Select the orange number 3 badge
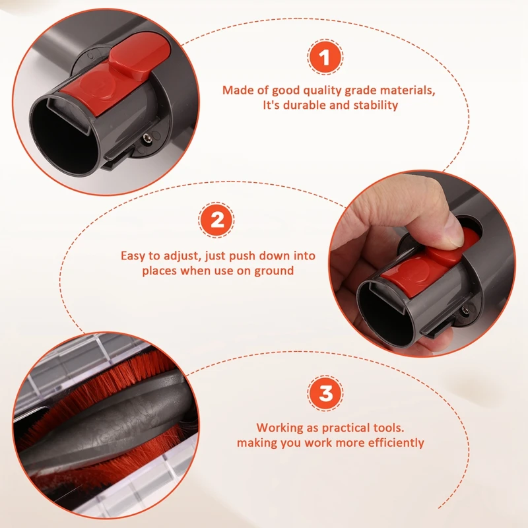[x=325, y=394]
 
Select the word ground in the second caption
[x=275, y=270]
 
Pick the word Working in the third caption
[x=279, y=428]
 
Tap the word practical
[x=349, y=428]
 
